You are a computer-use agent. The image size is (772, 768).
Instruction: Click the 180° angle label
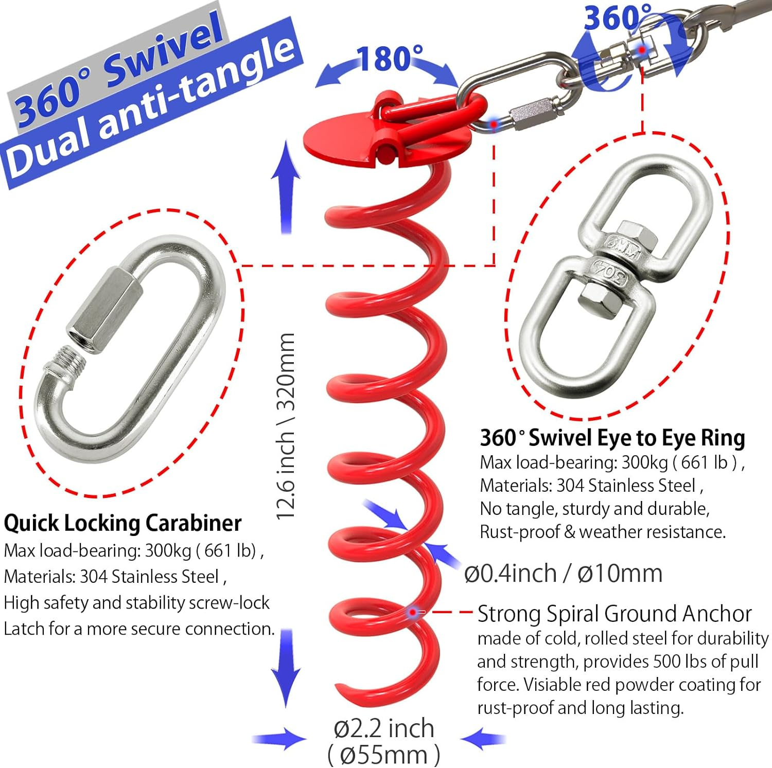tap(390, 59)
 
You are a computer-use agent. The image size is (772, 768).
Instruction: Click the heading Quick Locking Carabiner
tap(122, 523)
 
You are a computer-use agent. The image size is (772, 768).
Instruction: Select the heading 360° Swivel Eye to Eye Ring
tap(612, 438)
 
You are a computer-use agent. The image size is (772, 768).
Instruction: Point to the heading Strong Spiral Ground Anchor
tap(615, 614)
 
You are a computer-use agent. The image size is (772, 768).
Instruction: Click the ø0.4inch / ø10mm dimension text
tap(563, 573)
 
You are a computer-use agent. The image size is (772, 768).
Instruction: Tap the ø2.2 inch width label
tap(384, 728)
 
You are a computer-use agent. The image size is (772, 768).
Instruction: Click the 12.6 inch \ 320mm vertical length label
tap(286, 426)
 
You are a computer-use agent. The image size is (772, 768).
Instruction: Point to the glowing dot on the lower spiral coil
tap(412, 612)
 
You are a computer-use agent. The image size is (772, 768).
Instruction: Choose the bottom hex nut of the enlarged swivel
tap(598, 301)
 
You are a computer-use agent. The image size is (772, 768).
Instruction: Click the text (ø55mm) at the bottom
tap(384, 755)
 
